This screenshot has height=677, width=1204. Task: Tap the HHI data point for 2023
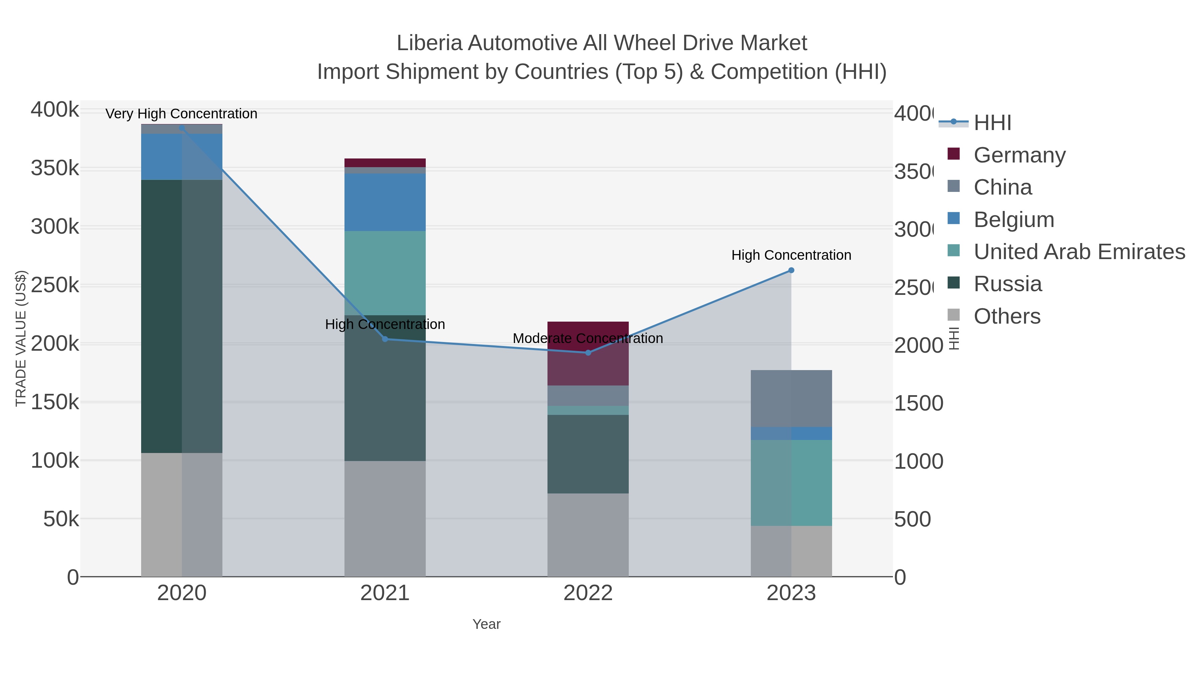point(791,270)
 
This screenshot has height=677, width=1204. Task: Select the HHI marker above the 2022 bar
point(588,352)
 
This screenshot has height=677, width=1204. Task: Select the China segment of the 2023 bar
point(791,398)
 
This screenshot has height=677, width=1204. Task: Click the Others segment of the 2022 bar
point(588,535)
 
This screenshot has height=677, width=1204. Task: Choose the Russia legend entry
point(1007,284)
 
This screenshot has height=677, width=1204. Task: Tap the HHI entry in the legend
point(992,123)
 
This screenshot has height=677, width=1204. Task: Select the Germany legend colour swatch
point(954,154)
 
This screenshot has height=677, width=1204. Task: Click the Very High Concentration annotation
point(181,114)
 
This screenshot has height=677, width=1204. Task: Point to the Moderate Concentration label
point(588,338)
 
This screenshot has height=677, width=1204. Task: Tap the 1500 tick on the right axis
point(918,403)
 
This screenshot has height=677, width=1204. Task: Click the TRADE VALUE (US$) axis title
point(20,338)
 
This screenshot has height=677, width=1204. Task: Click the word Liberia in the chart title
point(429,43)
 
